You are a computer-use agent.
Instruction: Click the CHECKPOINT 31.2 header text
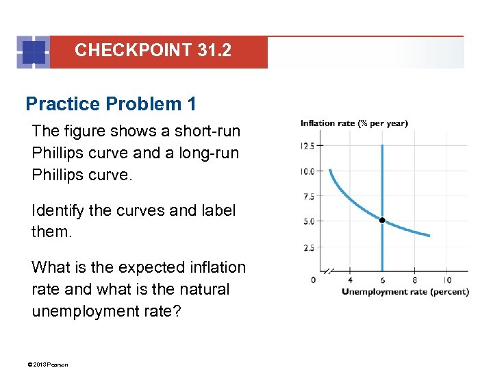[153, 50]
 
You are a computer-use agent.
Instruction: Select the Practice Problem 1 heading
[111, 104]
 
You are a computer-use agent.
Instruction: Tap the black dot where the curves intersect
[382, 221]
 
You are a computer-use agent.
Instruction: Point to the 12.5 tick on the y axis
[307, 145]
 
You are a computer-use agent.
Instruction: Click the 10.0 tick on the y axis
[307, 171]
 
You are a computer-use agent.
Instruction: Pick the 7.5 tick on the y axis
[307, 197]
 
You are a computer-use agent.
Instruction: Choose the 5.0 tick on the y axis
[307, 221]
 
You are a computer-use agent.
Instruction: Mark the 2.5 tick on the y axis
[307, 247]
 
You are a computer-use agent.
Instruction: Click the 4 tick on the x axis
[350, 280]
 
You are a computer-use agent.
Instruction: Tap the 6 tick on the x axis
[382, 280]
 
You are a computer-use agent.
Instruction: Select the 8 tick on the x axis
[414, 280]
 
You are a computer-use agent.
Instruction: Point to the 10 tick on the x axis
[446, 280]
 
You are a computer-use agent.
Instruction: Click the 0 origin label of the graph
[313, 280]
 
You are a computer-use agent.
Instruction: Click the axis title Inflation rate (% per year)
[354, 123]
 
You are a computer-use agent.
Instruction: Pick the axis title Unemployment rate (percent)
[405, 291]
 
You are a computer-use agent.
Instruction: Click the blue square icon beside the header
[34, 52]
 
